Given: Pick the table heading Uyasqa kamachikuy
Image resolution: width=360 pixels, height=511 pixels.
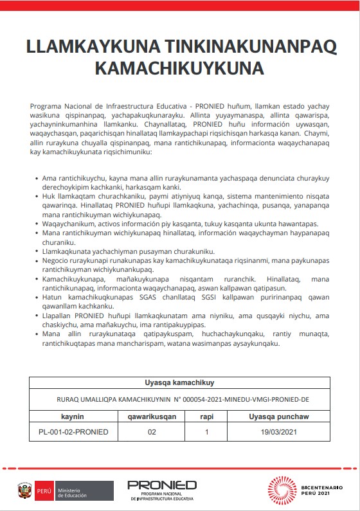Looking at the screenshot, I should pyautogui.click(x=179, y=382).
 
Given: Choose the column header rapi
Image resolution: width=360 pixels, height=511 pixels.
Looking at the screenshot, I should pyautogui.click(x=206, y=417).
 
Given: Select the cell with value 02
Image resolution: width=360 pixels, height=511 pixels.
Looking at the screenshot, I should pyautogui.click(x=152, y=432).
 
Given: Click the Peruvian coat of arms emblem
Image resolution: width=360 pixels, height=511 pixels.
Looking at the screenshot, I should pyautogui.click(x=25, y=491).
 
